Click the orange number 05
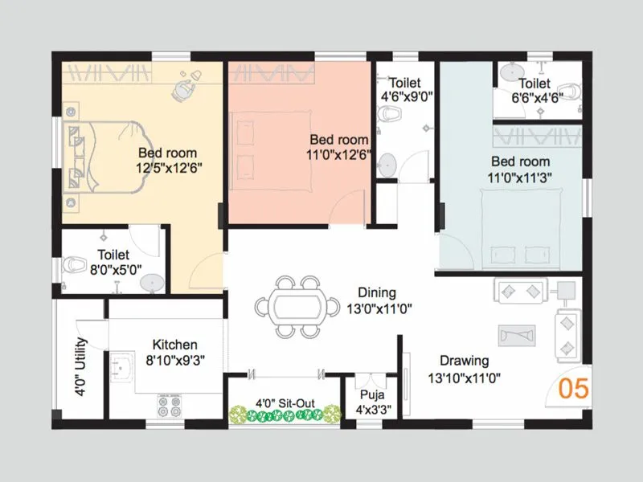point(574,388)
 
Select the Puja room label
point(372,395)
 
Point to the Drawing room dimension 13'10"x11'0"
point(470,377)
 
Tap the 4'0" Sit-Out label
point(285,402)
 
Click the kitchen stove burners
point(168,406)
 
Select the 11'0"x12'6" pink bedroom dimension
point(338,154)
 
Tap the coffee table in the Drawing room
point(514,333)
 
